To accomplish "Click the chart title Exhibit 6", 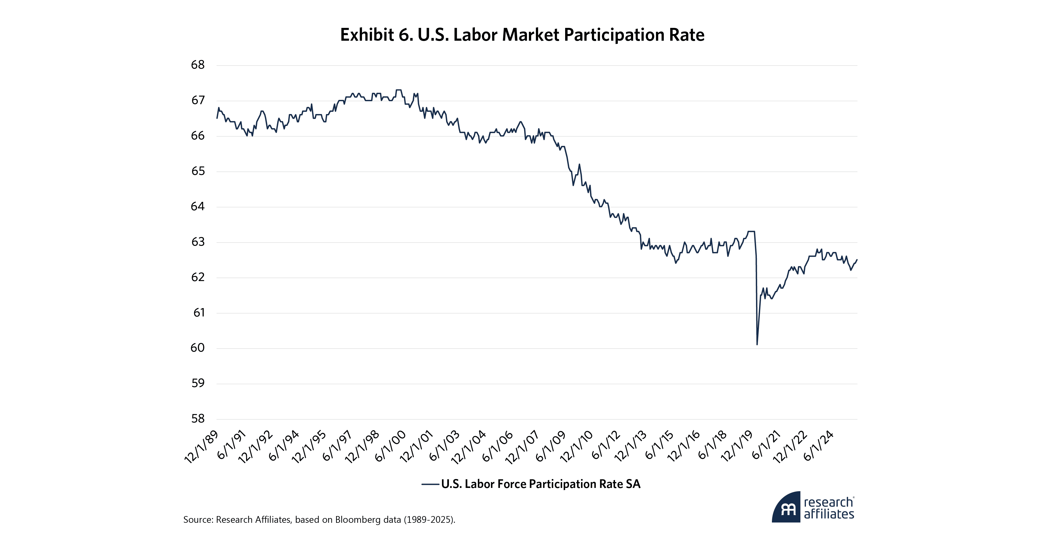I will pos(522,35).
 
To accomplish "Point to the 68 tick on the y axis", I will pos(198,65).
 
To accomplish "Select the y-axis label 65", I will pos(198,171).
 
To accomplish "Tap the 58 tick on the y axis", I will pos(198,419).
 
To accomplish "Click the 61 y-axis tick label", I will pos(199,313).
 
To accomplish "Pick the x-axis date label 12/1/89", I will pos(202,447).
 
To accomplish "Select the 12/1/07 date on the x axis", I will pos(522,447).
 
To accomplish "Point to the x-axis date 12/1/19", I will pos(737,447).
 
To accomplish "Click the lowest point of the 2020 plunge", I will pos(757,345).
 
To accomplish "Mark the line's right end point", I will pos(857,260).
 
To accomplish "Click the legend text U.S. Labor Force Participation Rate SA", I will pos(541,484).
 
